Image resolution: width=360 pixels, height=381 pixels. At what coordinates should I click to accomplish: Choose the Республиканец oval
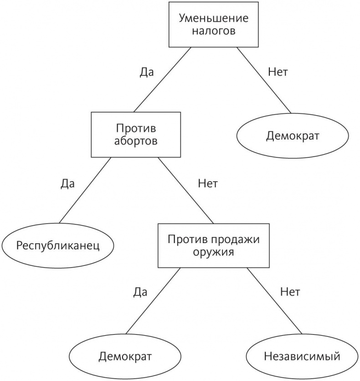click(x=58, y=246)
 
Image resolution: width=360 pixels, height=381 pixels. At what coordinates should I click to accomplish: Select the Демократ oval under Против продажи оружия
click(x=125, y=356)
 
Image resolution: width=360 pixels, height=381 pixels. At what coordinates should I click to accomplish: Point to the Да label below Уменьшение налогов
click(x=147, y=72)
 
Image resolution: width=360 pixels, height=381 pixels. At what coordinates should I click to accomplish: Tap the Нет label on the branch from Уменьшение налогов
click(x=278, y=72)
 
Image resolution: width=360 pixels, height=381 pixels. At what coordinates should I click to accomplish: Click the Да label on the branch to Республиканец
click(x=67, y=184)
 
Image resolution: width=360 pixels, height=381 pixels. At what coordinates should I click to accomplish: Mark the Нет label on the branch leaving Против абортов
click(x=208, y=184)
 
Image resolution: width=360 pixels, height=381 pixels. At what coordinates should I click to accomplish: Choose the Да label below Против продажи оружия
click(x=140, y=292)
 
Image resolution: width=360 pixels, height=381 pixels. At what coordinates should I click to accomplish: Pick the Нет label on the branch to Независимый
click(x=290, y=292)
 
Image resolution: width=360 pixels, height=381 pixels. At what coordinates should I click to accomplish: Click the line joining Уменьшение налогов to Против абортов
click(x=162, y=79)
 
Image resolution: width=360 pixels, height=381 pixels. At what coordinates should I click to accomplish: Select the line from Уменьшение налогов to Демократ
click(x=263, y=79)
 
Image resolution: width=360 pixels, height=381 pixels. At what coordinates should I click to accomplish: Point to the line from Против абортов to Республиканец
click(x=84, y=190)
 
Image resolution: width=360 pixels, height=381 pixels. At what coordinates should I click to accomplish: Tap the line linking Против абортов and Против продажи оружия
click(x=185, y=190)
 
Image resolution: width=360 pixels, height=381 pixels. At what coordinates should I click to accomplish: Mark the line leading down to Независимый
click(x=274, y=300)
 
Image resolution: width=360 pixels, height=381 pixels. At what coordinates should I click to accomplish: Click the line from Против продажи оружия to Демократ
click(x=153, y=300)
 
